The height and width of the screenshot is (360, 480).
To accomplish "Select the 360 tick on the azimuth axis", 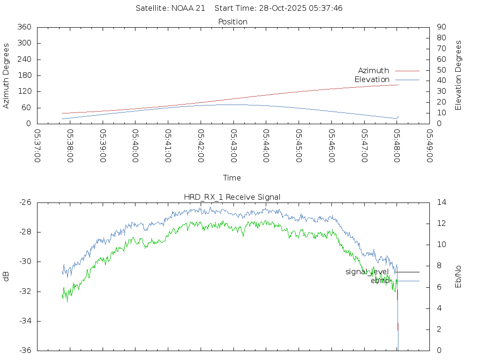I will pyautogui.click(x=24, y=27).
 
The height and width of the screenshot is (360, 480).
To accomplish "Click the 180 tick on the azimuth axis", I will pyautogui.click(x=24, y=75).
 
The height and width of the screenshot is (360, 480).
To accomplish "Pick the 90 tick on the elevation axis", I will pyautogui.click(x=441, y=27).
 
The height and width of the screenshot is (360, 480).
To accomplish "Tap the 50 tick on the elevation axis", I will pyautogui.click(x=441, y=70).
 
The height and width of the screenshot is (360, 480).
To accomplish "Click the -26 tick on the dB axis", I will pyautogui.click(x=25, y=202).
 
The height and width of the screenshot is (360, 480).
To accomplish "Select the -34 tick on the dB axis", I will pyautogui.click(x=25, y=321).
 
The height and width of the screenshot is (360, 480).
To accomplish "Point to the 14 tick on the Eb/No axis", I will pyautogui.click(x=442, y=202).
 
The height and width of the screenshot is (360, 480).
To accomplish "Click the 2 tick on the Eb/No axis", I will pyautogui.click(x=439, y=330).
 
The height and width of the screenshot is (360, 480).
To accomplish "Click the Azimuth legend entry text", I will pyautogui.click(x=374, y=71).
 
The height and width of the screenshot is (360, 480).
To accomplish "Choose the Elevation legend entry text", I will pyautogui.click(x=372, y=80).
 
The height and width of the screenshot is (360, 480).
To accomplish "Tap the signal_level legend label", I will pyautogui.click(x=367, y=272).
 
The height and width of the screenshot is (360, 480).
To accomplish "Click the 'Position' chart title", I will pyautogui.click(x=233, y=22).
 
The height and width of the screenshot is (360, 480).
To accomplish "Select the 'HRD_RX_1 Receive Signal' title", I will pyautogui.click(x=232, y=197).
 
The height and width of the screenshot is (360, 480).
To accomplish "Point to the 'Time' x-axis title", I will pyautogui.click(x=232, y=178).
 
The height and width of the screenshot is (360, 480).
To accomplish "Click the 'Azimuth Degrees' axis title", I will pyautogui.click(x=6, y=76).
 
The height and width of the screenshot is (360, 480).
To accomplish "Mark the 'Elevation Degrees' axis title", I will pyautogui.click(x=458, y=75).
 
